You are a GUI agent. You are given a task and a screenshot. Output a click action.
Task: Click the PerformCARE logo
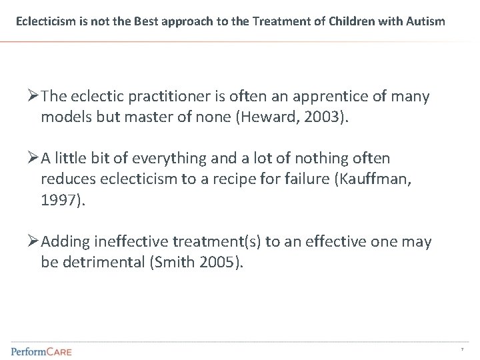click(x=41, y=350)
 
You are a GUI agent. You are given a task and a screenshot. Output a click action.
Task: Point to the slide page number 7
click(x=461, y=350)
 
